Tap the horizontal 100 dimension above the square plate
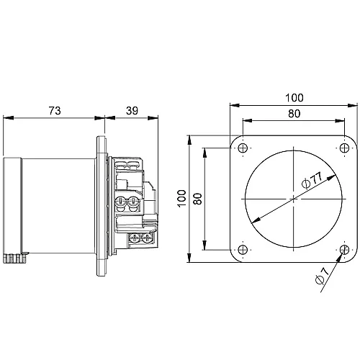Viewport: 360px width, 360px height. tap(293, 97)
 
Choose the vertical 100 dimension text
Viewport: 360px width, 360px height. tap(182, 198)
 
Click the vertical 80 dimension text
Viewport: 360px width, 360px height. tap(198, 198)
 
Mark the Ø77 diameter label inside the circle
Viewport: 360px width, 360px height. tap(310, 181)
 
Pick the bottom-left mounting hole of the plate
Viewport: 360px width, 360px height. tap(242, 250)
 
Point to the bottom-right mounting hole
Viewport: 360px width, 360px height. tap(344, 250)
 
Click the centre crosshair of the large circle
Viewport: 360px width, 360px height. tap(293, 199)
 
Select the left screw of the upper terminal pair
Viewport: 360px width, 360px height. tap(122, 203)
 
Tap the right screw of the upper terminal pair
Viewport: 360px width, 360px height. tap(134, 203)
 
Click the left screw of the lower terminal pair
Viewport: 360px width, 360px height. tap(135, 237)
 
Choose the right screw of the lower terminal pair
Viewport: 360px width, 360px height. tap(146, 237)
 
